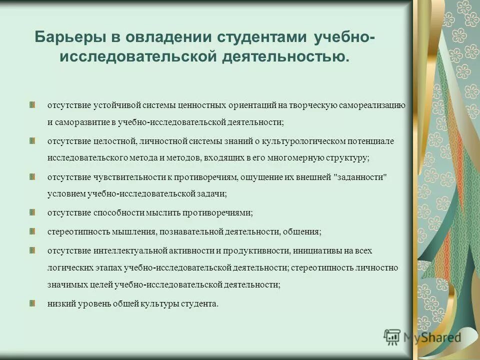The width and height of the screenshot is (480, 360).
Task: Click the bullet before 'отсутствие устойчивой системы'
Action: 32,105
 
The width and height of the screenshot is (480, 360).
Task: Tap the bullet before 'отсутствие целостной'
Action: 32,140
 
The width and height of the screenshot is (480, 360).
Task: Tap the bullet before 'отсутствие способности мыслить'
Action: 32,211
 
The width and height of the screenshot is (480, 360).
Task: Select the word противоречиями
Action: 223,212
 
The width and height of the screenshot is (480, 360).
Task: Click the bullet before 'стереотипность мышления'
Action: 32,231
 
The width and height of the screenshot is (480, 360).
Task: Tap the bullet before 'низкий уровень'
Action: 32,303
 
